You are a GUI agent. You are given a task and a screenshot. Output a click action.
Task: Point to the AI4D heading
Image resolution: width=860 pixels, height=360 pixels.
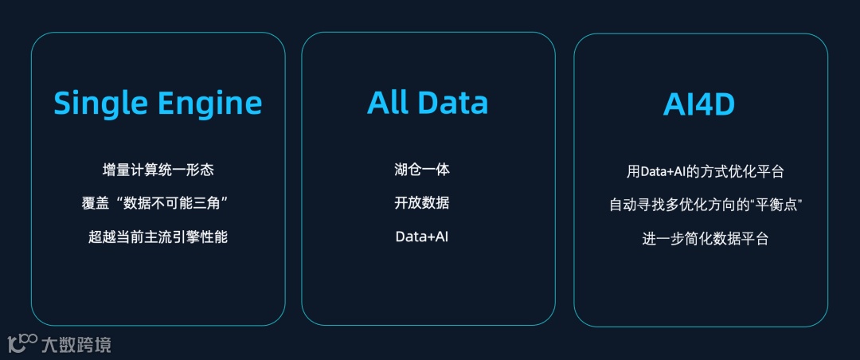(x=699, y=104)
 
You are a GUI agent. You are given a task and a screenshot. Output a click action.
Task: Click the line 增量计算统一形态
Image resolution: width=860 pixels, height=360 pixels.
(x=158, y=170)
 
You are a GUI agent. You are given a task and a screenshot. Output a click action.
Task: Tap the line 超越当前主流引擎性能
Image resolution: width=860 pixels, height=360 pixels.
(x=158, y=237)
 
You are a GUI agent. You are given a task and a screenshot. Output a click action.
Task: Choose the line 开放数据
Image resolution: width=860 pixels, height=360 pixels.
(x=422, y=203)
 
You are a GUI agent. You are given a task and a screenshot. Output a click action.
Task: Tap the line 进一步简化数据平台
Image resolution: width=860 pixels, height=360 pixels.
(x=705, y=238)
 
